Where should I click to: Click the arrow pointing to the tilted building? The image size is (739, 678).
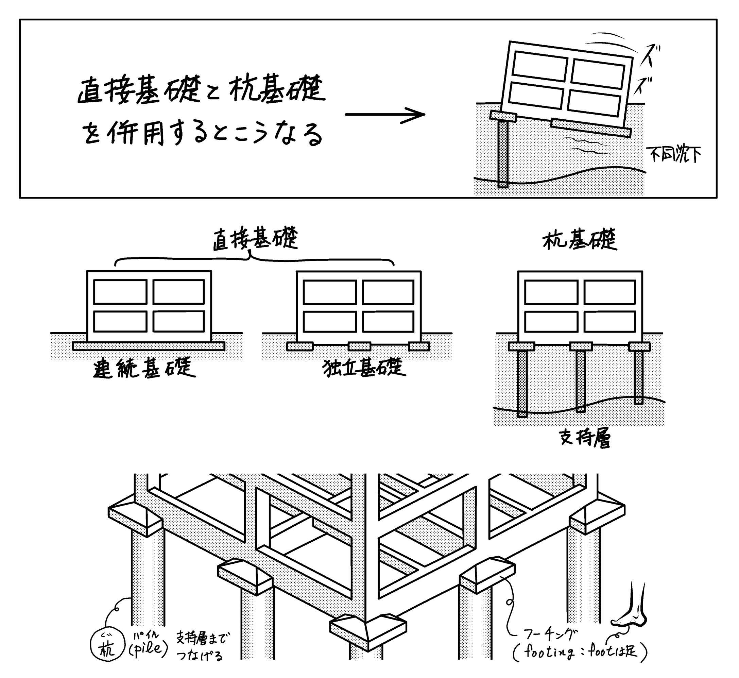coord(385,115)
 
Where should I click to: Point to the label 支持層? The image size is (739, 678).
coord(585,438)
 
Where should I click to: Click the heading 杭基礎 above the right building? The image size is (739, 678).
coord(580,240)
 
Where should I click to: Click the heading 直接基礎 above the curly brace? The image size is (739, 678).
coord(255,239)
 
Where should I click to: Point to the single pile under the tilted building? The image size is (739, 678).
coord(503,154)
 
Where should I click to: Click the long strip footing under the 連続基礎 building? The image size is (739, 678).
coord(149,346)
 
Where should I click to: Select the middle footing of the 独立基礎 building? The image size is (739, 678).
coord(359,346)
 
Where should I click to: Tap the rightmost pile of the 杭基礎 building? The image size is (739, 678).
coord(638,377)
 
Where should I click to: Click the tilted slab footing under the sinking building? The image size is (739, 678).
coord(591,127)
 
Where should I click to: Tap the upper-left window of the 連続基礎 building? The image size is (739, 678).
coord(120,292)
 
